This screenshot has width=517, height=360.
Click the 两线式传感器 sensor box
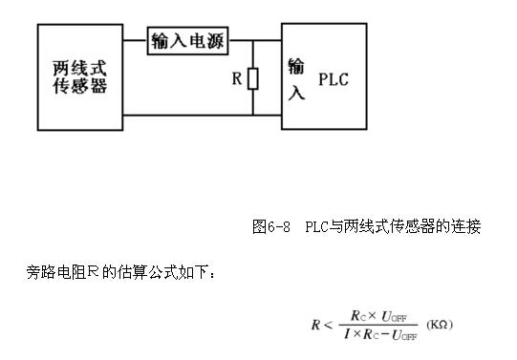[x=78, y=76]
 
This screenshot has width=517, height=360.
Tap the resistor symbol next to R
[x=252, y=78]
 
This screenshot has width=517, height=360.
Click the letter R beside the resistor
[x=236, y=78]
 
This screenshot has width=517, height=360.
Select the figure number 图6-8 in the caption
[x=270, y=227]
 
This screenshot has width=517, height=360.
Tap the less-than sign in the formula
[x=331, y=326]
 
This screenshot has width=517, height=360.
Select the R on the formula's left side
[x=314, y=326]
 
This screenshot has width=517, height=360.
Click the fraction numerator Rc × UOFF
[x=382, y=316]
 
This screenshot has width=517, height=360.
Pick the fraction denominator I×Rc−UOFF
[x=382, y=335]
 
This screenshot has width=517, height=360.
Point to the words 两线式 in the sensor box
[x=78, y=66]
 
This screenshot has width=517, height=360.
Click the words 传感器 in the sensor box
[x=78, y=87]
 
